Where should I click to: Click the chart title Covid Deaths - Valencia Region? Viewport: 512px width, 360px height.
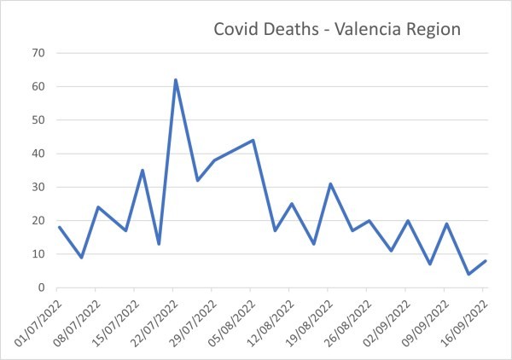(x=336, y=29)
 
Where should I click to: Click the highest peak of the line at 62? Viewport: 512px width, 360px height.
(x=175, y=80)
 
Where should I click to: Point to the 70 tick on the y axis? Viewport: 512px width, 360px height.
(x=38, y=53)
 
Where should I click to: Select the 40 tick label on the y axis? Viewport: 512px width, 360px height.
(x=38, y=154)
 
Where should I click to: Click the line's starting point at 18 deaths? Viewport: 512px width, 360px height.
(x=59, y=227)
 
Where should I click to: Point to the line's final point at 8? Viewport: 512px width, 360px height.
(x=486, y=261)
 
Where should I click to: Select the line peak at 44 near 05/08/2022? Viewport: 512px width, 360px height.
(x=253, y=140)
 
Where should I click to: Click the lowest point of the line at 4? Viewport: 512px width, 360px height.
(x=468, y=274)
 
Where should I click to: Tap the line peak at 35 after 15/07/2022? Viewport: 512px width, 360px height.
(x=143, y=171)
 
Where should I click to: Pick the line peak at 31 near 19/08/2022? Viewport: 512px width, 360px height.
(x=330, y=183)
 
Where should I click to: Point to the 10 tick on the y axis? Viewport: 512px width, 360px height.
(x=38, y=254)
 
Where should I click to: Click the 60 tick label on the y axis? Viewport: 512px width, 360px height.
(x=38, y=86)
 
